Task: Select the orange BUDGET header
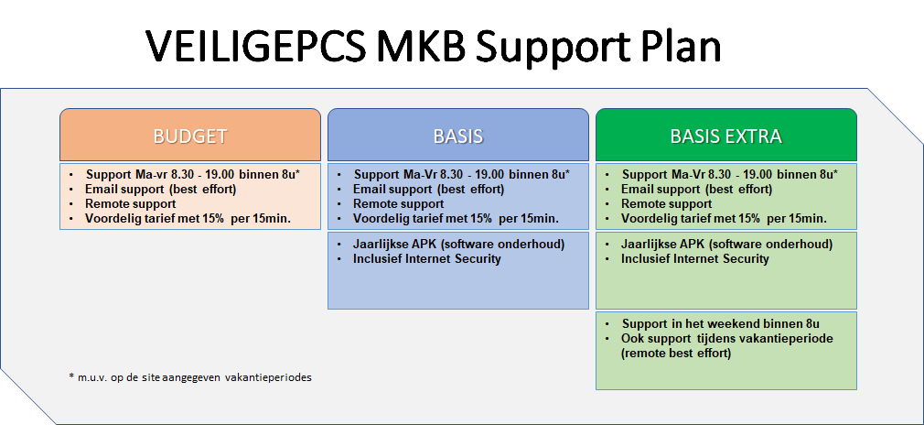190,135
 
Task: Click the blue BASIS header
458,135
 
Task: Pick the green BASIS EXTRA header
726,135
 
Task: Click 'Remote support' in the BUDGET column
130,204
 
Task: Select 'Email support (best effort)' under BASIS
428,190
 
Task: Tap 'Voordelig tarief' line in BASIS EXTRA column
724,218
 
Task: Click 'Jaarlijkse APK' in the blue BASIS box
396,245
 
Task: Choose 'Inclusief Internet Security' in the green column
694,258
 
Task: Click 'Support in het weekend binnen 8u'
721,324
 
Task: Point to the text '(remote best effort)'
676,354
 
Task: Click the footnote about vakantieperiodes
190,377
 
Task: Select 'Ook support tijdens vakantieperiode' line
727,339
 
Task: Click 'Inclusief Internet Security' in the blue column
426,258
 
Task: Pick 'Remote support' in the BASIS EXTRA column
667,204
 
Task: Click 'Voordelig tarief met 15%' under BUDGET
158,218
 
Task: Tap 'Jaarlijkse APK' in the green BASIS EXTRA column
664,245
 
